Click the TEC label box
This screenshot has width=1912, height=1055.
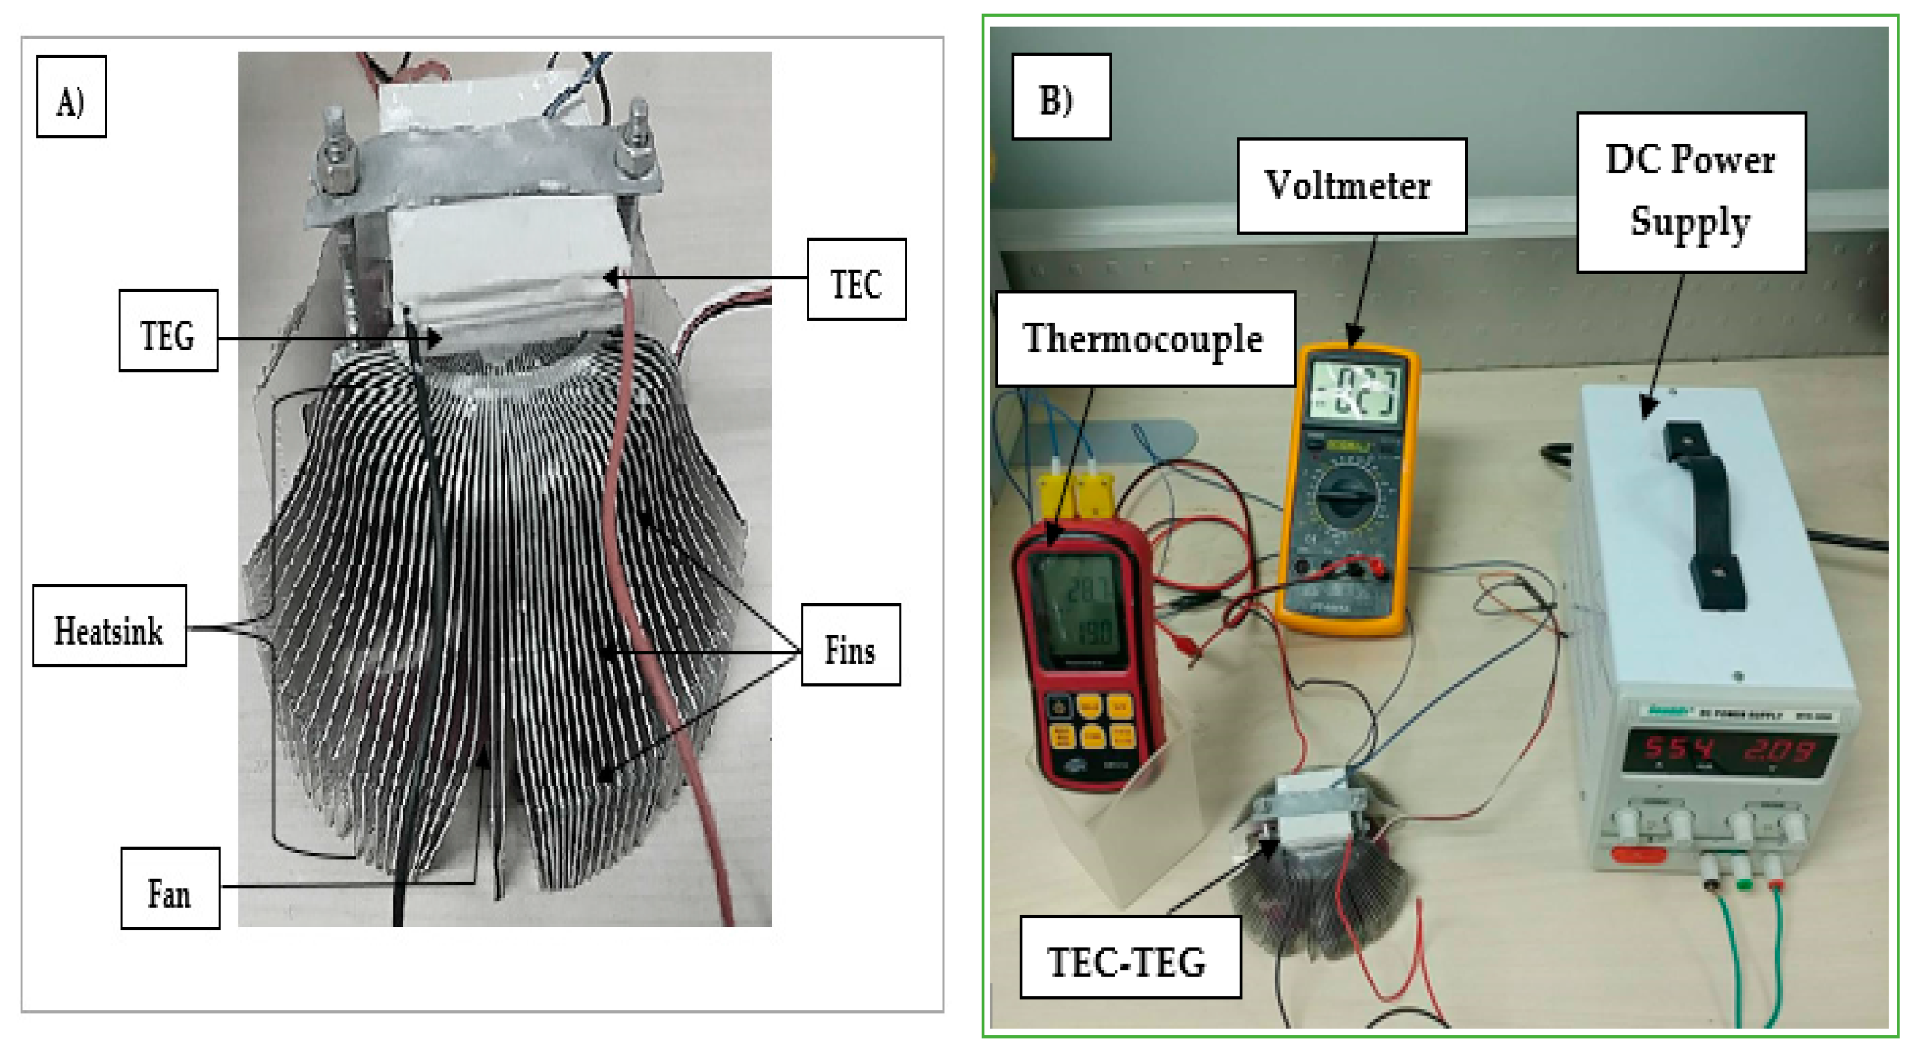click(856, 279)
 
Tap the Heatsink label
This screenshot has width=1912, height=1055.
click(109, 625)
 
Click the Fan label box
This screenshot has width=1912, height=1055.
click(170, 888)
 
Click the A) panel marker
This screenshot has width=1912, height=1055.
click(71, 97)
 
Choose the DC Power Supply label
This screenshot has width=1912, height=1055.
click(1690, 191)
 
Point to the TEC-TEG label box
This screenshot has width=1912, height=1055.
click(1129, 957)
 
